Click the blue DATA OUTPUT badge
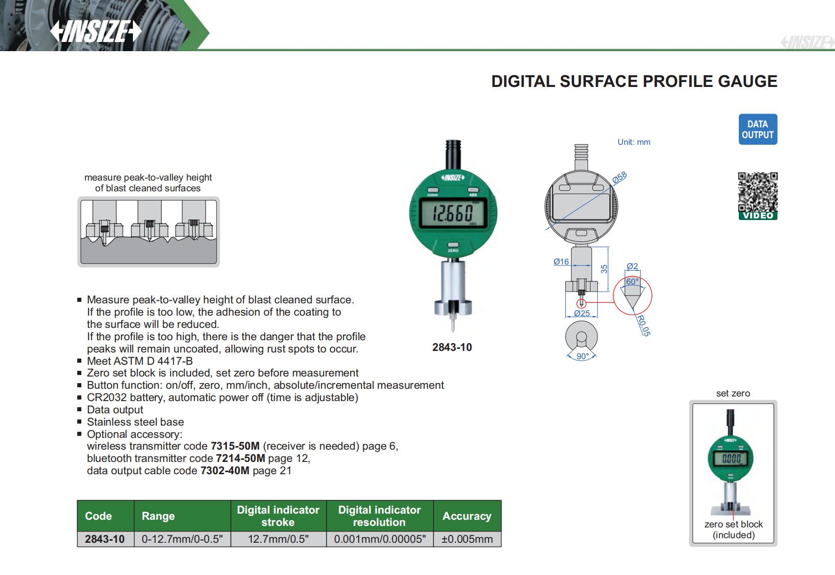click(758, 129)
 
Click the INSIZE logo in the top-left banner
click(96, 32)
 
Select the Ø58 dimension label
click(620, 178)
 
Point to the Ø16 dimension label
click(561, 261)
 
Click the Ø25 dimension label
click(582, 313)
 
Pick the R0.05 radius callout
click(643, 325)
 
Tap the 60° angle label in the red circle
click(632, 282)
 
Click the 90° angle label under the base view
click(582, 356)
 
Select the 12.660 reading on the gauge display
click(453, 213)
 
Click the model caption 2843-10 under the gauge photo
click(452, 347)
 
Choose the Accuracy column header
click(467, 516)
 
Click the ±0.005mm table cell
click(467, 539)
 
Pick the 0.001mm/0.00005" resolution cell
click(380, 539)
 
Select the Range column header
click(158, 516)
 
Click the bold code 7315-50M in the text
click(235, 446)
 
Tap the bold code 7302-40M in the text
click(225, 471)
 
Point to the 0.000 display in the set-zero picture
click(731, 459)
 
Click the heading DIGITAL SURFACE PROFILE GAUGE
click(634, 81)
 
